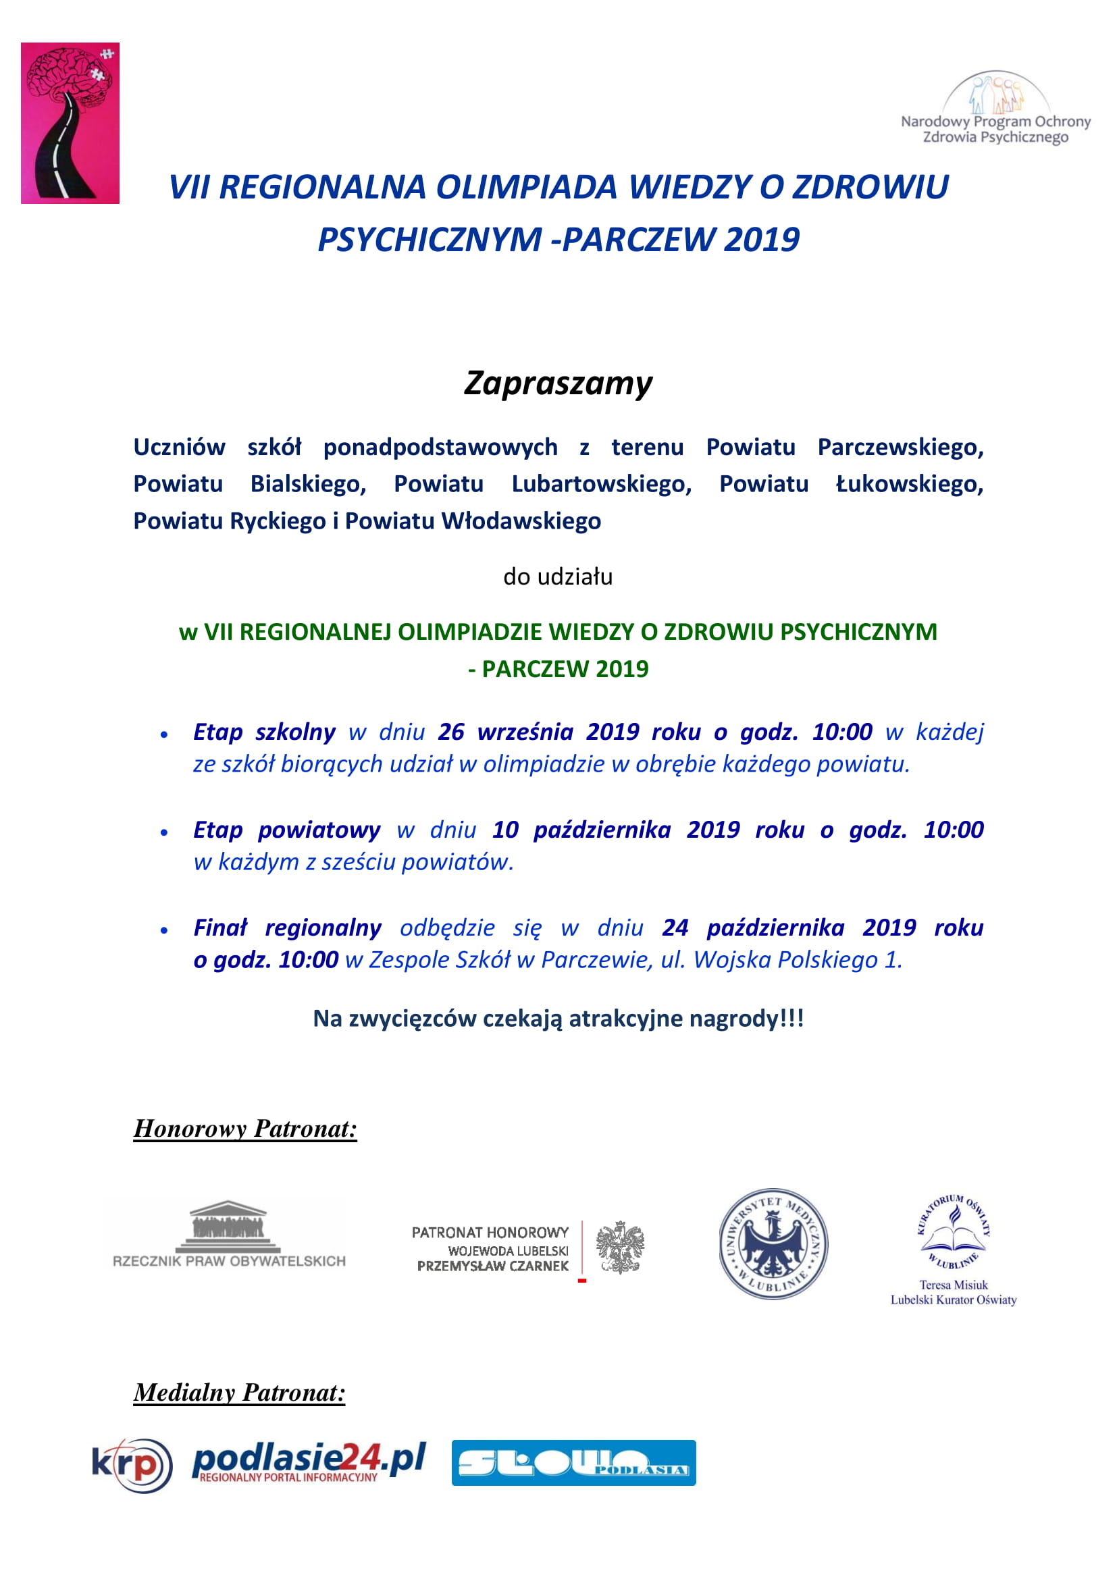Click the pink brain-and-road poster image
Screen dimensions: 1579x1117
[70, 123]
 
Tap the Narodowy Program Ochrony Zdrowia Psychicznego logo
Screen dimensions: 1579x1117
[995, 109]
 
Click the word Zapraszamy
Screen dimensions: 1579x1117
[558, 383]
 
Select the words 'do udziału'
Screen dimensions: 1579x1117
[558, 577]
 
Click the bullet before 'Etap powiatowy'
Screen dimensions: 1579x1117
[163, 832]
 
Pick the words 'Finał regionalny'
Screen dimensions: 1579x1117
[287, 928]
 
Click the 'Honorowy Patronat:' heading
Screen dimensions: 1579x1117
[245, 1129]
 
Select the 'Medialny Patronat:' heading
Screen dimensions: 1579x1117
[239, 1393]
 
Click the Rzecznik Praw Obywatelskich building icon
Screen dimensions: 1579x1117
[228, 1227]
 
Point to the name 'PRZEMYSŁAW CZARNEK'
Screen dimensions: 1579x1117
[492, 1265]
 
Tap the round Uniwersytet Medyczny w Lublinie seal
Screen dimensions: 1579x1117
[773, 1243]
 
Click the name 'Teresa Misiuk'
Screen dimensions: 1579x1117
[954, 1285]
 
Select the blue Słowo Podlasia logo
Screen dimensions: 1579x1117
[573, 1463]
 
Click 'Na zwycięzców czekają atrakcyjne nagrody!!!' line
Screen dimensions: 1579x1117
[558, 1018]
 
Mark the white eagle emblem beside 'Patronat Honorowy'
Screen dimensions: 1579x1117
[620, 1247]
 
